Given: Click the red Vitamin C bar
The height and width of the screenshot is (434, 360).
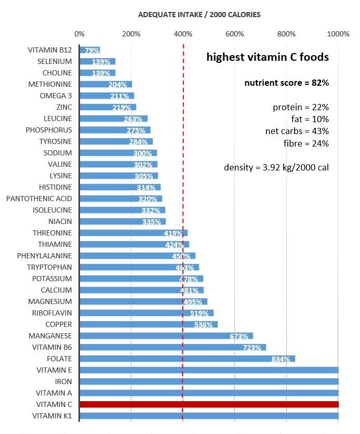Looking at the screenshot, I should coord(208,404).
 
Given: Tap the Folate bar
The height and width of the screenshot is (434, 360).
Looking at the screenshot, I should coord(187,359).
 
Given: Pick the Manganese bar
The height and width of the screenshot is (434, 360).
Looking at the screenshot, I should coord(166,336).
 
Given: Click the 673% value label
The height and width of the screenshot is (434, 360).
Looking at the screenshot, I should coord(239,336).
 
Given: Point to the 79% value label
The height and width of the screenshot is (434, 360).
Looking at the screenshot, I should coord(92,50).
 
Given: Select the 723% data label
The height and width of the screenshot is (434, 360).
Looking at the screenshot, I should coord(252,348).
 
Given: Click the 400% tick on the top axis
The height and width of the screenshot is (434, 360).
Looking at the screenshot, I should coord(183,34).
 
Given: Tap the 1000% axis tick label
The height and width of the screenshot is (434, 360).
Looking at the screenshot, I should coord(339,34).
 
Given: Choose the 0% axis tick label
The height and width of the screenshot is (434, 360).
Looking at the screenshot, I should coord(79,34).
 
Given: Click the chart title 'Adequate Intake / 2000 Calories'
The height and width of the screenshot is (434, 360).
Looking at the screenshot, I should coord(199,15).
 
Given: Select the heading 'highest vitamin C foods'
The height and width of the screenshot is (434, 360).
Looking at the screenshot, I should coord(268,57).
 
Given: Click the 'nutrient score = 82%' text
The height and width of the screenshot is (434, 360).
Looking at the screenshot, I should coord(287,83).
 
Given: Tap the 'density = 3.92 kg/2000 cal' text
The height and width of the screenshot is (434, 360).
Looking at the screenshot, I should coord(276,167).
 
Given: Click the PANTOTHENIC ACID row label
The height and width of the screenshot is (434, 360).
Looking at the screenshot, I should coord(39,199).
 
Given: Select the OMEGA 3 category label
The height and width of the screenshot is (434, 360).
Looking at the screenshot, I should coord(56,96).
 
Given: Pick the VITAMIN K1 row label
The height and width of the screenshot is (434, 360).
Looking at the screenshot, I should coord(52,416).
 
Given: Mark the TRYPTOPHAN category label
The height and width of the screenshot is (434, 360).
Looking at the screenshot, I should coord(49,267).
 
